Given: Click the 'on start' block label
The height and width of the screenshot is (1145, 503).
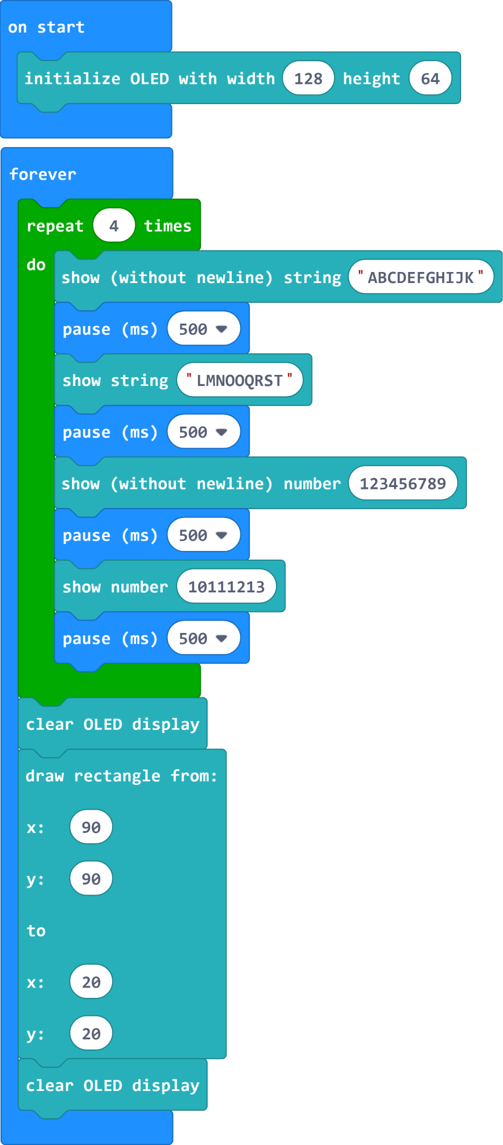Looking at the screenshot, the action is (x=46, y=27).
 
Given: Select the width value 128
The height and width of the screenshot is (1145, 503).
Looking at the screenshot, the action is (x=308, y=78).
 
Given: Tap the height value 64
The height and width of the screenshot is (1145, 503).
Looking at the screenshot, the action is (x=430, y=78).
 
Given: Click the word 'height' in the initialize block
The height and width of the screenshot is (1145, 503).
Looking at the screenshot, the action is (x=372, y=79).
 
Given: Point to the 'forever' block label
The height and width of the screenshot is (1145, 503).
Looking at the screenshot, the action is (x=43, y=174).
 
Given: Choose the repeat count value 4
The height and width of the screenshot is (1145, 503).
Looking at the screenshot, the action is (x=114, y=226).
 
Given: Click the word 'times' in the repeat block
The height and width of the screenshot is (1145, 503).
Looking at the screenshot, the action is (x=168, y=226).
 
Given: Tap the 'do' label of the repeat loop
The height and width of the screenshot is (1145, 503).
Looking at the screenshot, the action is (x=36, y=265).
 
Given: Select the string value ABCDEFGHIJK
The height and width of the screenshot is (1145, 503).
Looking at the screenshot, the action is (x=421, y=277).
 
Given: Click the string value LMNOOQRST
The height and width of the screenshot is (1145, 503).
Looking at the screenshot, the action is (x=240, y=380).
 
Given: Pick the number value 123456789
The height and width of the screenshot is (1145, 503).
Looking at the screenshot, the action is (x=403, y=484).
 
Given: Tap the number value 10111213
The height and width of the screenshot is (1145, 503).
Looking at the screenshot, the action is (x=227, y=586).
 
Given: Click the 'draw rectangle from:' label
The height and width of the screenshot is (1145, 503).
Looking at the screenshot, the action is (x=121, y=776).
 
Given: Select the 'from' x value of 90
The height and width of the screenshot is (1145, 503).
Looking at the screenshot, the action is (x=91, y=827).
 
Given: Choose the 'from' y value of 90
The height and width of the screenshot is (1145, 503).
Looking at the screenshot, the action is (x=91, y=879).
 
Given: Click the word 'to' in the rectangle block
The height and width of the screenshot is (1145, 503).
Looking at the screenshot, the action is (x=36, y=931).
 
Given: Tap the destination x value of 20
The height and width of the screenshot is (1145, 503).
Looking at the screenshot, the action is (x=91, y=982).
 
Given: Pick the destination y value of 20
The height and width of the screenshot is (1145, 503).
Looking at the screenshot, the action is (x=91, y=1033).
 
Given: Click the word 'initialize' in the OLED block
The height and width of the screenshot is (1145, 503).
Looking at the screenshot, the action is (x=73, y=78).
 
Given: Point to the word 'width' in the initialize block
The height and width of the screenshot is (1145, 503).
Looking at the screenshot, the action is (x=251, y=78).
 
